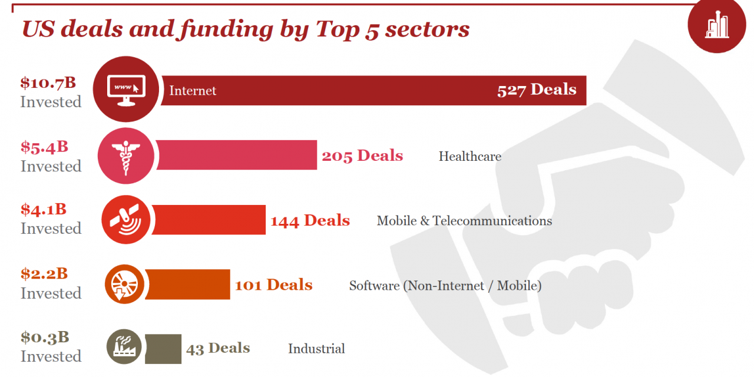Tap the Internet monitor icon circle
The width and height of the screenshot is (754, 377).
(126, 89)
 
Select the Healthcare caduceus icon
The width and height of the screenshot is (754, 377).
(125, 156)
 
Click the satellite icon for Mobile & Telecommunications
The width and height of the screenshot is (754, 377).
(125, 220)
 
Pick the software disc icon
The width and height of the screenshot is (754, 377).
(124, 284)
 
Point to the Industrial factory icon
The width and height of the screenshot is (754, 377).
(124, 346)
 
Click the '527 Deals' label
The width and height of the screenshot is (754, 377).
(537, 90)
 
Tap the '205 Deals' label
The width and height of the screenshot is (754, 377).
(362, 156)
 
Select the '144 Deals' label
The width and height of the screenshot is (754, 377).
(310, 220)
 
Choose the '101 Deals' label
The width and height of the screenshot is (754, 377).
(273, 285)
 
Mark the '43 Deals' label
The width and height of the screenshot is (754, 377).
(218, 348)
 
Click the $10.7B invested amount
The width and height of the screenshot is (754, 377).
(48, 82)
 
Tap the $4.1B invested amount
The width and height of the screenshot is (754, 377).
(44, 209)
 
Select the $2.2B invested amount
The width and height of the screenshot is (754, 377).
(44, 273)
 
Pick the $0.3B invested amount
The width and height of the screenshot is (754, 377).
(45, 337)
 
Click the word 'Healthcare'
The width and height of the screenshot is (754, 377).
(469, 156)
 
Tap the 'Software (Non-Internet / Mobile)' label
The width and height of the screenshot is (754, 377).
(445, 286)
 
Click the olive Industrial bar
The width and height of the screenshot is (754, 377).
(163, 348)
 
